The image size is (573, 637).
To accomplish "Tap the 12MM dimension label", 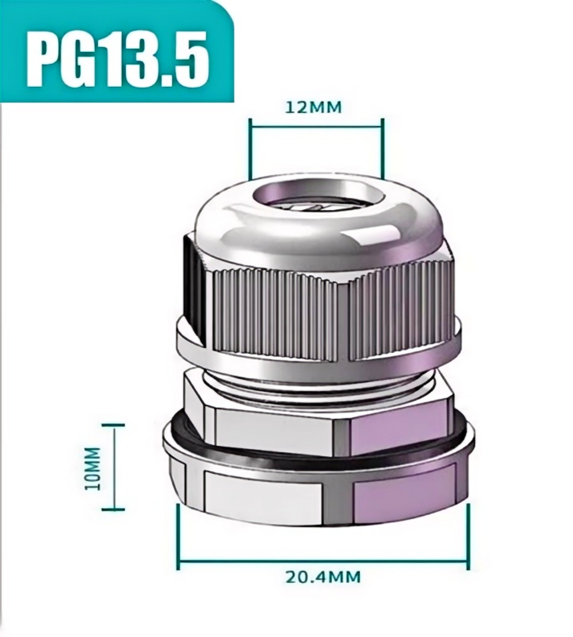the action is click(x=314, y=107).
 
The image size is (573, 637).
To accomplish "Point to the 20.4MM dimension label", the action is click(x=323, y=576).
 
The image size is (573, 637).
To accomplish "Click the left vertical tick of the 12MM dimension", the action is click(x=250, y=148).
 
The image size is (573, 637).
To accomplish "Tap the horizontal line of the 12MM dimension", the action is click(x=317, y=127).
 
